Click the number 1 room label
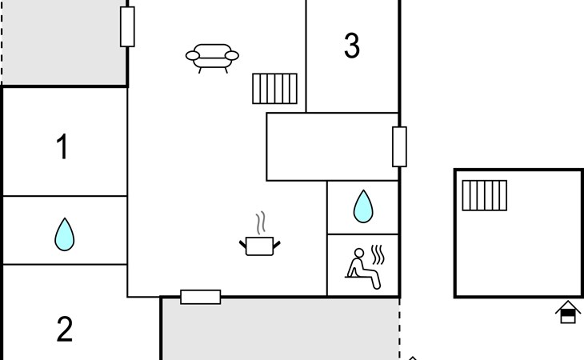pyautogui.click(x=62, y=147)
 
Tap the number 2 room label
pyautogui.click(x=65, y=329)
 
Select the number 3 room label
pyautogui.click(x=351, y=46)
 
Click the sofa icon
pyautogui.click(x=212, y=58)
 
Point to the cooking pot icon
pyautogui.click(x=260, y=246)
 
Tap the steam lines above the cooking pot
pyautogui.click(x=261, y=222)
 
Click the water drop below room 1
pyautogui.click(x=65, y=234)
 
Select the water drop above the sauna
pyautogui.click(x=363, y=206)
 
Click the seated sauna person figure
pyautogui.click(x=363, y=265)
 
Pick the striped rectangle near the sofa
pyautogui.click(x=274, y=89)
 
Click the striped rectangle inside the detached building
pyautogui.click(x=484, y=195)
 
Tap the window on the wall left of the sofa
pyautogui.click(x=127, y=26)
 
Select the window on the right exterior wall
pyautogui.click(x=399, y=146)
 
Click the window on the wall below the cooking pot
pyautogui.click(x=200, y=297)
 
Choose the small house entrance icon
pyautogui.click(x=567, y=311)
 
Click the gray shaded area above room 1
pyautogui.click(x=64, y=40)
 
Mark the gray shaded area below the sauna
pyautogui.click(x=280, y=330)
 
